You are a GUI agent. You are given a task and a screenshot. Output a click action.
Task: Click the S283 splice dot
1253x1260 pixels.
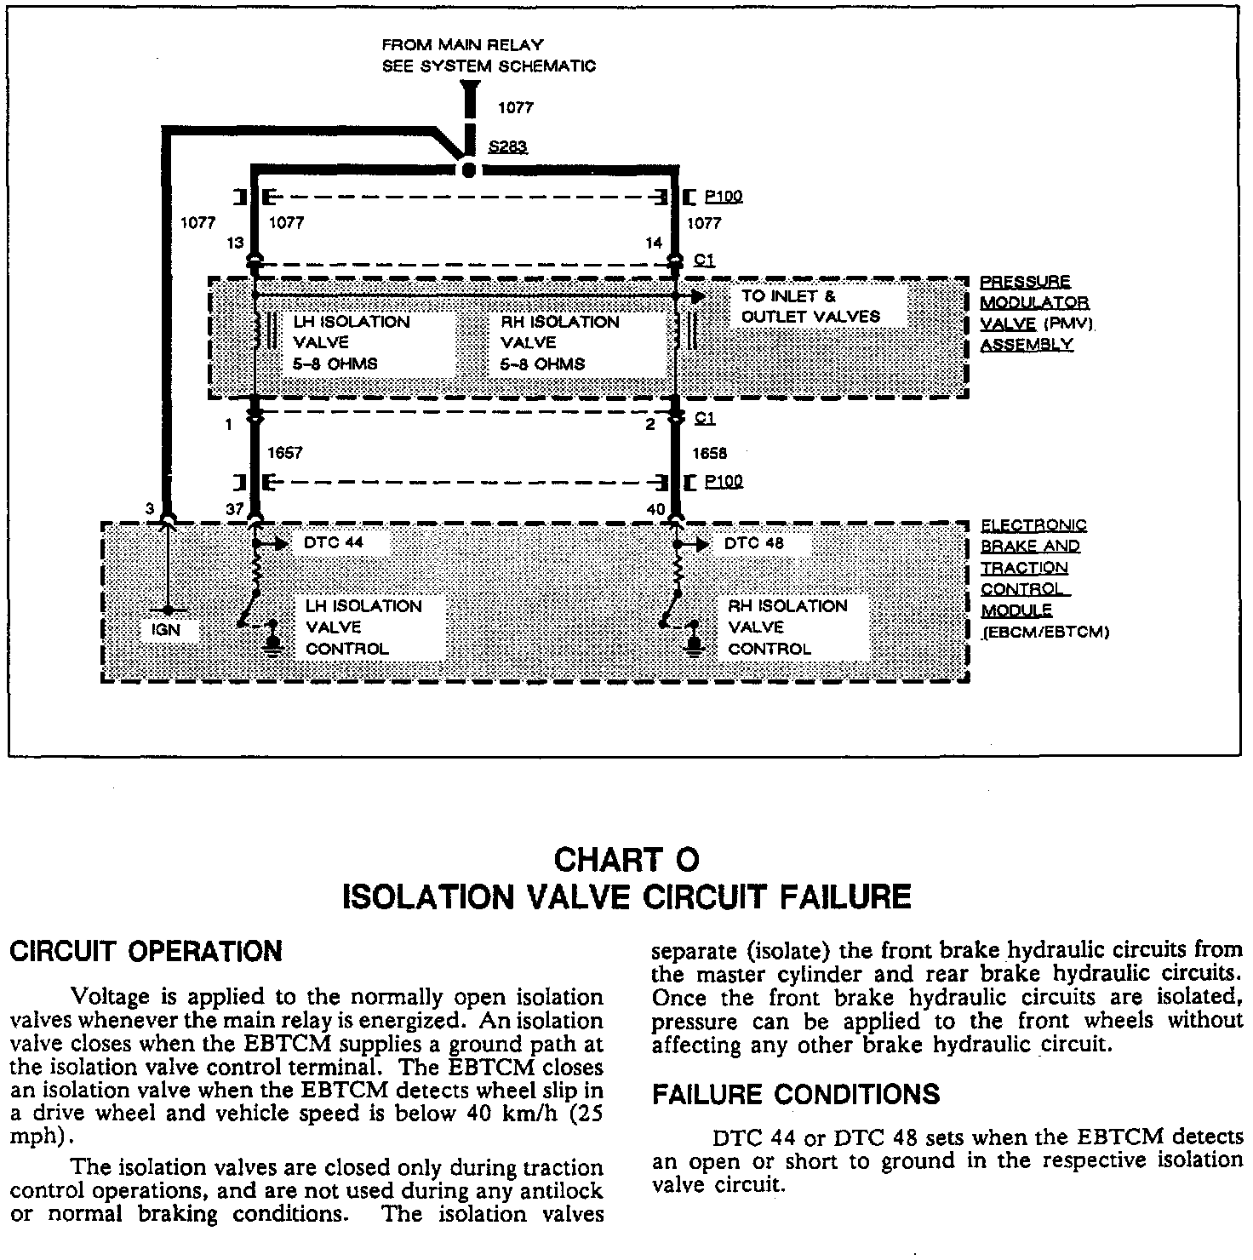point(467,169)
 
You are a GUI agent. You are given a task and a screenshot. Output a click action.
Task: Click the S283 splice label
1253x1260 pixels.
point(507,147)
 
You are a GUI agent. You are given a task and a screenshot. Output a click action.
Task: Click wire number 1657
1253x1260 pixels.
point(284,454)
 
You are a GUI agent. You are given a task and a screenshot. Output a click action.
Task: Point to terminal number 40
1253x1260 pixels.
point(655,509)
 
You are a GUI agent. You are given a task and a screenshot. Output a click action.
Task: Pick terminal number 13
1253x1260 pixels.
point(236,243)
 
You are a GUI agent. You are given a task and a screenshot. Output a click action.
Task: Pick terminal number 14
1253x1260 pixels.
point(654,243)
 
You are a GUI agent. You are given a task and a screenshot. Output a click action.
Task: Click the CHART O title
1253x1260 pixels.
point(626,860)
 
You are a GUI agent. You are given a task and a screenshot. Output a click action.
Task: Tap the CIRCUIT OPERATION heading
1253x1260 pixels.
point(145,951)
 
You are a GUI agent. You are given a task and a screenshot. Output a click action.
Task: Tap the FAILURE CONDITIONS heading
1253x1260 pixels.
point(796,1094)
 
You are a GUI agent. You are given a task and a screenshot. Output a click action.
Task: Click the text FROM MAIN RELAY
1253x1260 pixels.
point(462,44)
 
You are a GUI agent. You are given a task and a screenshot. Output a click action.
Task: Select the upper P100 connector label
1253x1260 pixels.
point(724,197)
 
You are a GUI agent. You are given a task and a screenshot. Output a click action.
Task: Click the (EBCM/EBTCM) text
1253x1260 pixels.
point(1045,633)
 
